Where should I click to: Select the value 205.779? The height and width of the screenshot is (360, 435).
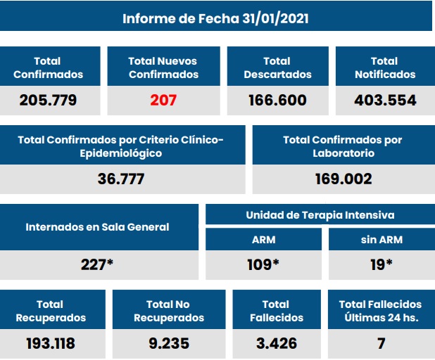48,100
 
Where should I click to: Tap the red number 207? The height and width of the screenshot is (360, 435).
163,100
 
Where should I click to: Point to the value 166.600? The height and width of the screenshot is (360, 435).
277,100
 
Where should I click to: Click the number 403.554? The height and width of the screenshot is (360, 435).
385,100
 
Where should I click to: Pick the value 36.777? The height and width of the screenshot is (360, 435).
121,179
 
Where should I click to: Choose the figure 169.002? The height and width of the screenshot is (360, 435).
343,179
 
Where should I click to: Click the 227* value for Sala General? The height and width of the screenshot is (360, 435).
98,264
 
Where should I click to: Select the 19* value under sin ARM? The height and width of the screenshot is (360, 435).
380,264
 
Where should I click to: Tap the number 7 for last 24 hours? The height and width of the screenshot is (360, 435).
380,344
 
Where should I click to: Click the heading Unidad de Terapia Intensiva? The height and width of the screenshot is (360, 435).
320,215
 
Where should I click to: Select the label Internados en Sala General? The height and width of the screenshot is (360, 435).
98,227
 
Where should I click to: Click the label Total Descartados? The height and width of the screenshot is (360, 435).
277,67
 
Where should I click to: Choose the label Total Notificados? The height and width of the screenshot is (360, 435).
384,67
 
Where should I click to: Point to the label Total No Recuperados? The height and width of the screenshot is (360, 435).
168,311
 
